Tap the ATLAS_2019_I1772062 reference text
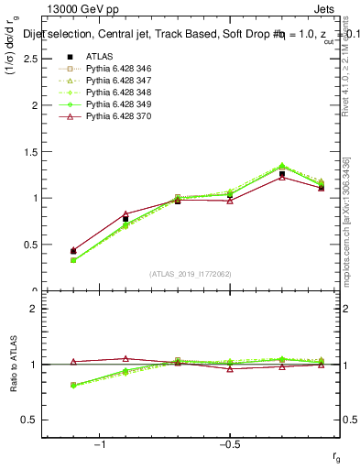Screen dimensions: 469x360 click(x=191, y=274)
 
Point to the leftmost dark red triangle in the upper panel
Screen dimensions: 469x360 click(x=73, y=250)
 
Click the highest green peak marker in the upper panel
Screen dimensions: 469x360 click(x=282, y=166)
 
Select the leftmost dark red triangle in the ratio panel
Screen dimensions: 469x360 click(x=73, y=362)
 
